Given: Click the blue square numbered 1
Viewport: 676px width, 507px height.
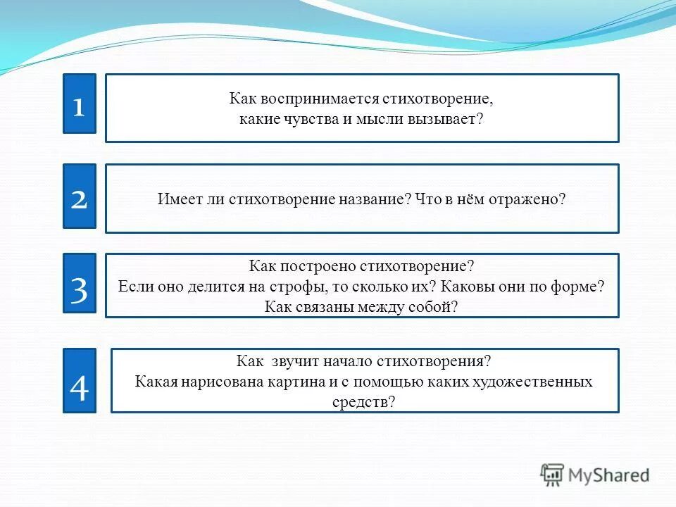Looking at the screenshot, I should (79, 104).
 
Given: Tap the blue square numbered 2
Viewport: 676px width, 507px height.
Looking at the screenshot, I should (79, 196).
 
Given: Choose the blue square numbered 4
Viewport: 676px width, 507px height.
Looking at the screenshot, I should (79, 380).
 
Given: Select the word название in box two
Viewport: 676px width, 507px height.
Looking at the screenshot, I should (373, 199).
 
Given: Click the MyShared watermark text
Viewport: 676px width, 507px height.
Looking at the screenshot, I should (608, 475).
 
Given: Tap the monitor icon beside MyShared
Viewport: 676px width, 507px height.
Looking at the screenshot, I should (553, 475).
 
